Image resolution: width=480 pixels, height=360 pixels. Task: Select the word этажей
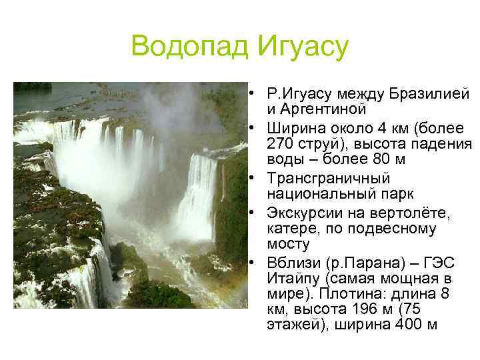tap(293, 325)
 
